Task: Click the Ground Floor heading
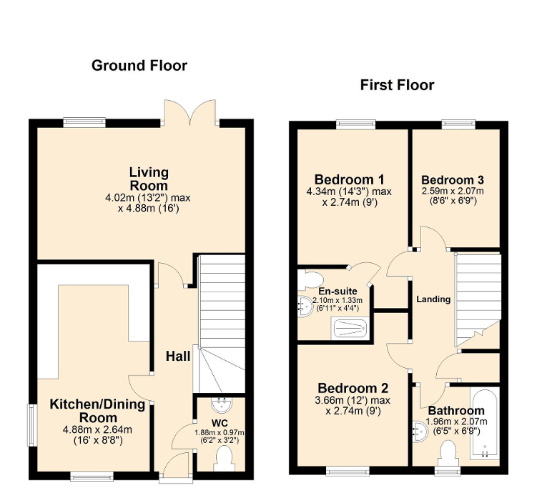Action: (139, 66)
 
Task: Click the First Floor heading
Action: (397, 85)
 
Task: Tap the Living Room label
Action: (149, 178)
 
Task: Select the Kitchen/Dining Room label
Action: (97, 411)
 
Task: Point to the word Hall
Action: (178, 356)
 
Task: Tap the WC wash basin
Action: (220, 405)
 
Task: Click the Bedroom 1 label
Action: (349, 179)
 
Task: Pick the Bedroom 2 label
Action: (353, 389)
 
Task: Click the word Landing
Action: (433, 299)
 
